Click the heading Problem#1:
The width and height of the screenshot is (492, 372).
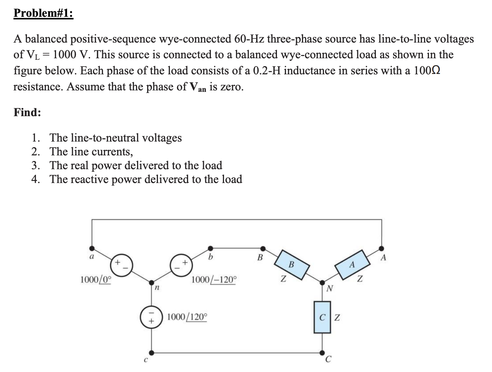[43, 13]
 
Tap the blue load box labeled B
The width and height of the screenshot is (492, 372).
[292, 265]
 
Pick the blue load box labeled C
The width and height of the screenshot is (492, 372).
[322, 318]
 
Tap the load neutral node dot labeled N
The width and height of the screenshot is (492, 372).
[322, 282]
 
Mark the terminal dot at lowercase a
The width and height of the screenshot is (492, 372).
[92, 248]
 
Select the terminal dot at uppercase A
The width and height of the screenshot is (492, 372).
[382, 248]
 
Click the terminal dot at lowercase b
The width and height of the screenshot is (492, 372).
[211, 247]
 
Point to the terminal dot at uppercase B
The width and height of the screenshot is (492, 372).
[263, 248]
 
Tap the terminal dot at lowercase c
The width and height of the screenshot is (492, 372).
[151, 352]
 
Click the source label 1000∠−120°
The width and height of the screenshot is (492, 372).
[214, 280]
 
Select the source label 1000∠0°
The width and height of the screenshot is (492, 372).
[96, 279]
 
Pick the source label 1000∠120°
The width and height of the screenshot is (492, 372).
[187, 317]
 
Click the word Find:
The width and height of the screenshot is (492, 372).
[27, 112]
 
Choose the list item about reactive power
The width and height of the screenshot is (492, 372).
[146, 179]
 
